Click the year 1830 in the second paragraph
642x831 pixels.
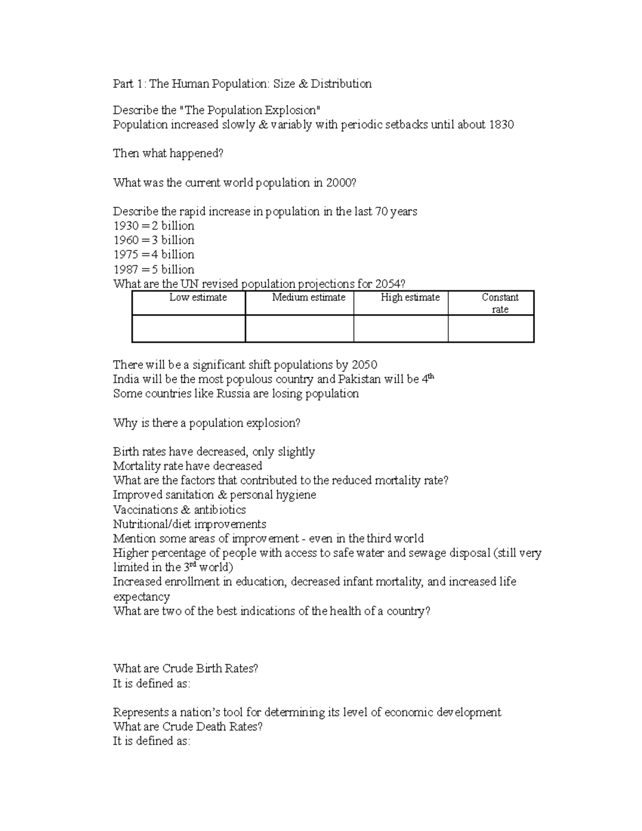click(x=501, y=125)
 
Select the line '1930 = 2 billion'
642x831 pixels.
click(x=154, y=226)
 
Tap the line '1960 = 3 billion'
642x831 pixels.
click(x=154, y=240)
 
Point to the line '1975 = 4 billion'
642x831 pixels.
click(x=154, y=255)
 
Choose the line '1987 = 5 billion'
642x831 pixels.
click(x=154, y=269)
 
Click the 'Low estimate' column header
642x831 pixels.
click(x=198, y=298)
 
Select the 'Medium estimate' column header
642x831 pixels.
click(x=309, y=298)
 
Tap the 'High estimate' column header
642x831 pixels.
click(x=410, y=298)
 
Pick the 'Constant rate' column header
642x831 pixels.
click(x=500, y=303)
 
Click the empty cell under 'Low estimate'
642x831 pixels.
click(x=188, y=329)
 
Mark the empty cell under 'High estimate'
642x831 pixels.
click(x=401, y=329)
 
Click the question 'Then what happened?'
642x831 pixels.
click(x=168, y=154)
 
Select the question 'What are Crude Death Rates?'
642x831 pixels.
click(x=188, y=727)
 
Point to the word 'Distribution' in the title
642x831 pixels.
click(x=341, y=83)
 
